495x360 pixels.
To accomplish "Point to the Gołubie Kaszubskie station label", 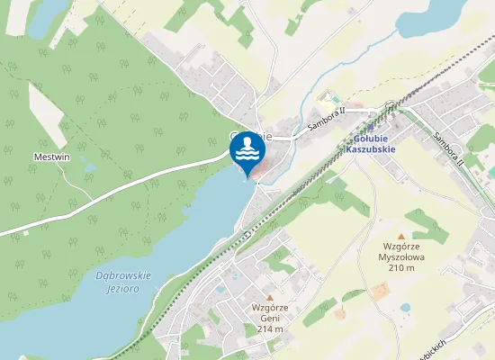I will (x=370, y=144).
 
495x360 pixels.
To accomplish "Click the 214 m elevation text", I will (x=269, y=328).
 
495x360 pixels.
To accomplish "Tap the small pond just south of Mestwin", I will (x=88, y=167).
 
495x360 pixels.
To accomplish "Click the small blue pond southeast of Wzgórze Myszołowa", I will (x=406, y=307).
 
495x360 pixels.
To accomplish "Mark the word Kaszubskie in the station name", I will (x=370, y=149).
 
